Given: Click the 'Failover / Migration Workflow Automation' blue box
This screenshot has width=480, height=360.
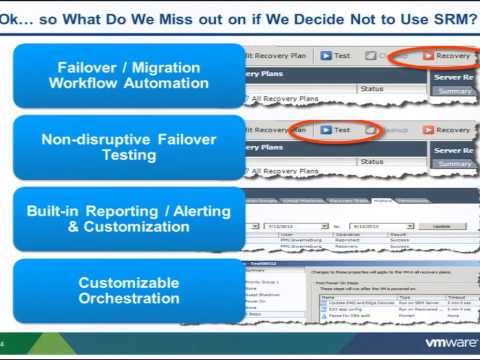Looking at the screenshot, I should coord(128,75).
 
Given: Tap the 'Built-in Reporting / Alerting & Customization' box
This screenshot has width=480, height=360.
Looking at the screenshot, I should coord(128,220).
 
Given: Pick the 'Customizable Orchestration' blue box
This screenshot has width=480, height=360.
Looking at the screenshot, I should coord(128,291).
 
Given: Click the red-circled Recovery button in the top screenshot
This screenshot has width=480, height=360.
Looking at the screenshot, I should coord(448,56).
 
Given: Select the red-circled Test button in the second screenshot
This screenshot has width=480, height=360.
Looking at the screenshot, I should coord(335,129).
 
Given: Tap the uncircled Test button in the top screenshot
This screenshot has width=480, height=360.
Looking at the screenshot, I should coord(335,56).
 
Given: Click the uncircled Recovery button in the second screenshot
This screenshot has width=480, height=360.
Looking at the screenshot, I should coord(448,129).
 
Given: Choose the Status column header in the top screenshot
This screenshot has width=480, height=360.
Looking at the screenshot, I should coord(372,89).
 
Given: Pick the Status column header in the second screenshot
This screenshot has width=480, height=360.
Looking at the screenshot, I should coord(372,162).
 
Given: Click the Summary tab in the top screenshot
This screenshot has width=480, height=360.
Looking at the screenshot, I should coord(455,91).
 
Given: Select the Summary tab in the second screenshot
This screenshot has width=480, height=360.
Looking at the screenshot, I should coord(455,163).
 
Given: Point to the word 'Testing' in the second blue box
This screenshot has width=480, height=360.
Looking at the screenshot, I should coord(128,156).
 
